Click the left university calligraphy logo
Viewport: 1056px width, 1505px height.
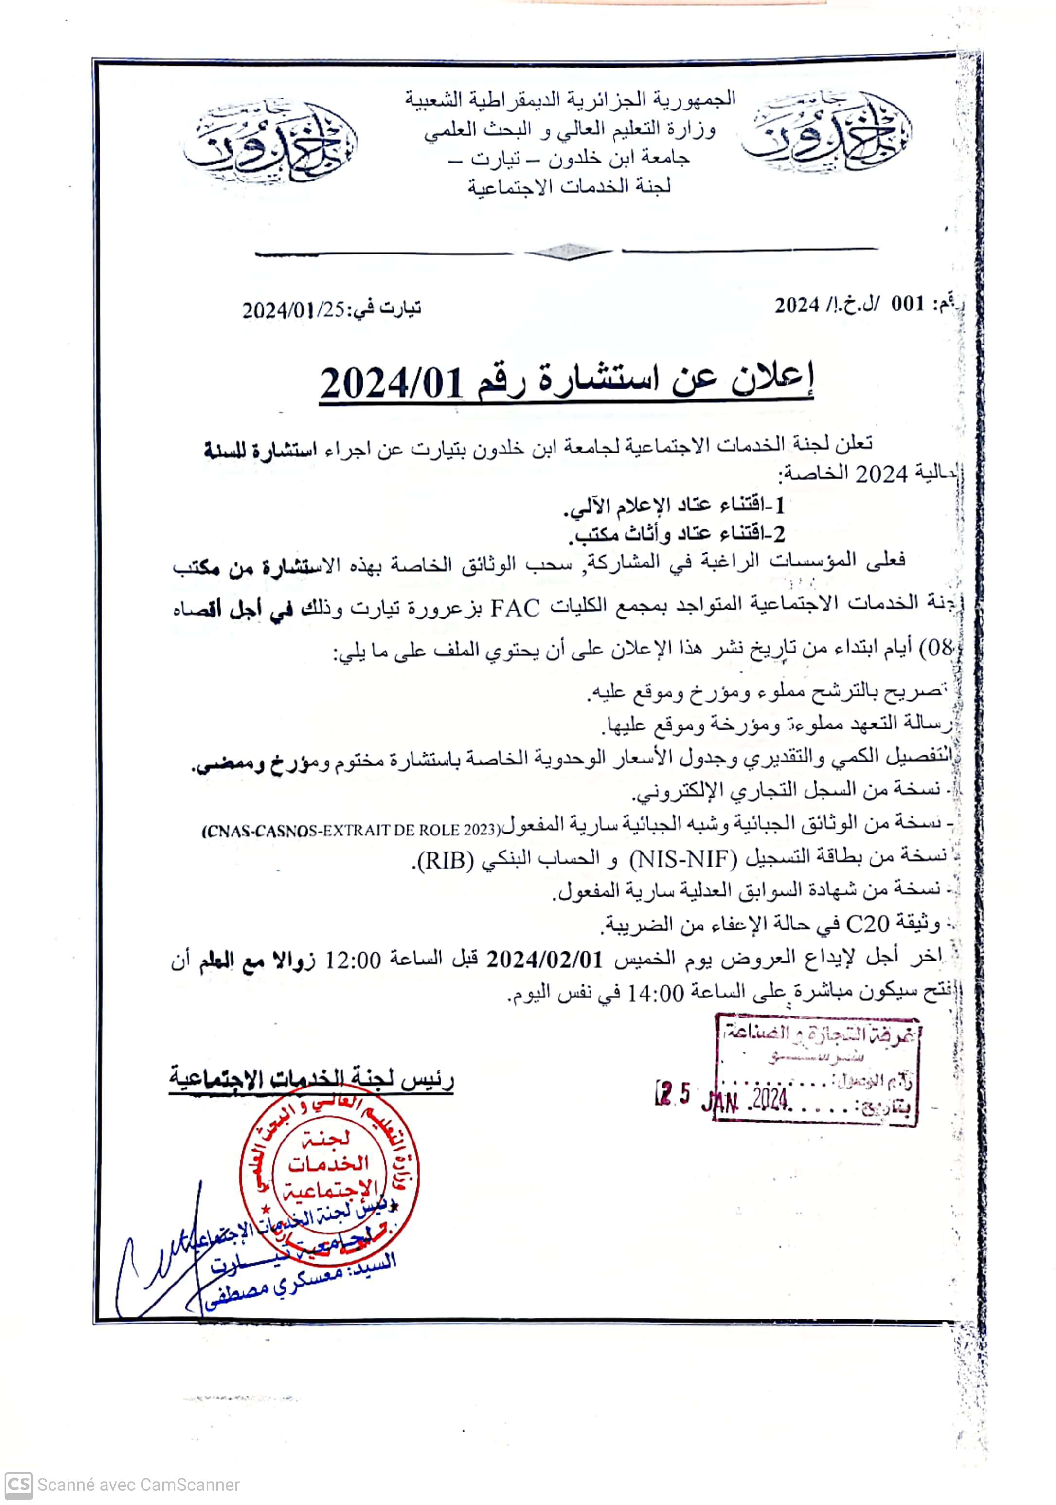tap(270, 142)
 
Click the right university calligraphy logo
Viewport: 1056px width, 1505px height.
tap(827, 133)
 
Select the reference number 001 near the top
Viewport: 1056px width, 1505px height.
tap(907, 304)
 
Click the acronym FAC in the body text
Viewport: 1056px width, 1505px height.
tap(515, 608)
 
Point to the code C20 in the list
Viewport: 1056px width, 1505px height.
tap(867, 925)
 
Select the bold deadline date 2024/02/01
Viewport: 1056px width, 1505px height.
tap(544, 959)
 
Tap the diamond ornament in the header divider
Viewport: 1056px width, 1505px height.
tap(568, 252)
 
